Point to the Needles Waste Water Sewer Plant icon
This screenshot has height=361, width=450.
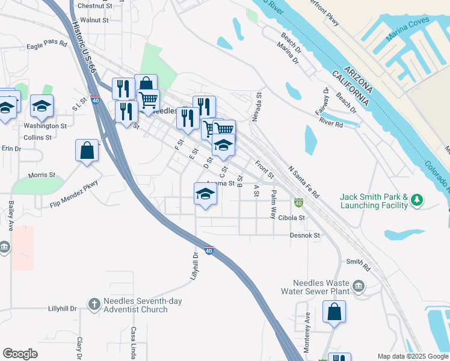pyautogui.click(x=359, y=285)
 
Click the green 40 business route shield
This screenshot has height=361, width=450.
pyautogui.click(x=298, y=203)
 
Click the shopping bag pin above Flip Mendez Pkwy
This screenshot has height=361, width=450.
pyautogui.click(x=87, y=150)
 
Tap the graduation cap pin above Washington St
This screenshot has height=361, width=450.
pyautogui.click(x=42, y=106)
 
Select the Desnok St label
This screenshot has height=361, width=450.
pyautogui.click(x=306, y=235)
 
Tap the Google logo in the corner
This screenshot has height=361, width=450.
pyautogui.click(x=20, y=354)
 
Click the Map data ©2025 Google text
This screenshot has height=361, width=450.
pyautogui.click(x=412, y=356)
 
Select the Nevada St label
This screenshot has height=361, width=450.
pyautogui.click(x=258, y=107)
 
